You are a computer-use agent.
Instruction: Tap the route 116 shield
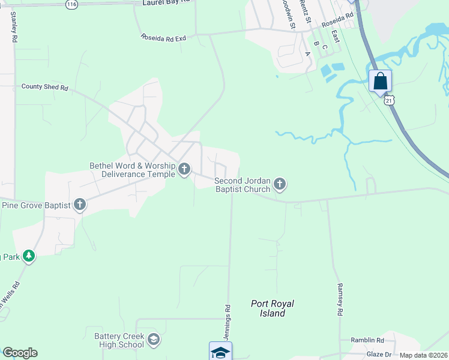(x=72, y=4)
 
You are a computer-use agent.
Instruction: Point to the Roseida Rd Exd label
(x=164, y=38)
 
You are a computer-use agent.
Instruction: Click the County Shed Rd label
(x=45, y=87)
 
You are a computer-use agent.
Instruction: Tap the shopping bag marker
(x=381, y=80)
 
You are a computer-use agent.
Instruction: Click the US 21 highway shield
(x=390, y=99)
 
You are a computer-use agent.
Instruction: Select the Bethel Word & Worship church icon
(x=184, y=170)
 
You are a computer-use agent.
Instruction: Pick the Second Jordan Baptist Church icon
(x=280, y=185)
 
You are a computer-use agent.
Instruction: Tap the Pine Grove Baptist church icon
(x=80, y=205)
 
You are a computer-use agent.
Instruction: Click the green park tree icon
(x=28, y=257)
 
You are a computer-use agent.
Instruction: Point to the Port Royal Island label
(x=273, y=308)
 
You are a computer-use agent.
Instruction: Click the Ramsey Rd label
(x=340, y=299)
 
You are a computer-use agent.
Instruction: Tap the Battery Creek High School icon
(x=154, y=340)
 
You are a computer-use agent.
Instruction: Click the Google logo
(x=20, y=353)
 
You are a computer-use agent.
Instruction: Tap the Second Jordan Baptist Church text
(x=243, y=185)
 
